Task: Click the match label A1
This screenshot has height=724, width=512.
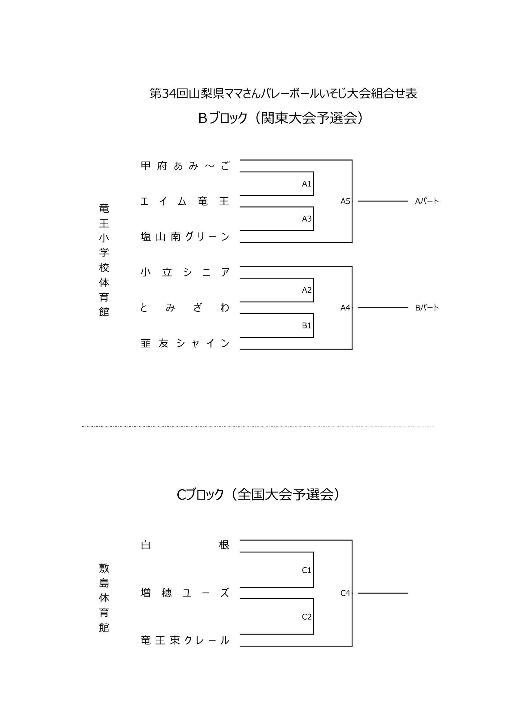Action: coord(306,184)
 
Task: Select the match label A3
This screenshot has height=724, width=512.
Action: coord(306,219)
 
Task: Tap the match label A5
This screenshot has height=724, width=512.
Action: coord(345,201)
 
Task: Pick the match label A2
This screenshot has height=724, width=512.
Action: coord(306,290)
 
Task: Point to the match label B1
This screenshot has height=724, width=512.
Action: coord(306,325)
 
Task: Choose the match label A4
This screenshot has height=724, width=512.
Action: coord(345,308)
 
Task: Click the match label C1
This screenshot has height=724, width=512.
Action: coord(306,570)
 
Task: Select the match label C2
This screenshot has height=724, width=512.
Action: coord(306,617)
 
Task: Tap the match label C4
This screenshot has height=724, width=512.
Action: coord(345,593)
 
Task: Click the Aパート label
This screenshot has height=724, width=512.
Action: coord(427,201)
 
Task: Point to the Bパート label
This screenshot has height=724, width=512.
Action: coord(427,308)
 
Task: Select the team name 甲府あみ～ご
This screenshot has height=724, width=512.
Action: coord(185,166)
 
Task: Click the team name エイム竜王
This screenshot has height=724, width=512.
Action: coord(185,201)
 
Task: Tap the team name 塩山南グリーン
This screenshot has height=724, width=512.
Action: coord(185,236)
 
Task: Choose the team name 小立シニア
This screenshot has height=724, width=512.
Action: coord(185,272)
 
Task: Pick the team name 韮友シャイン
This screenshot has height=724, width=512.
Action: coord(185,343)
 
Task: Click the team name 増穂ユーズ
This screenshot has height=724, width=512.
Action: coord(185,593)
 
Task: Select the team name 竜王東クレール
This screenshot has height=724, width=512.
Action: coord(185,640)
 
